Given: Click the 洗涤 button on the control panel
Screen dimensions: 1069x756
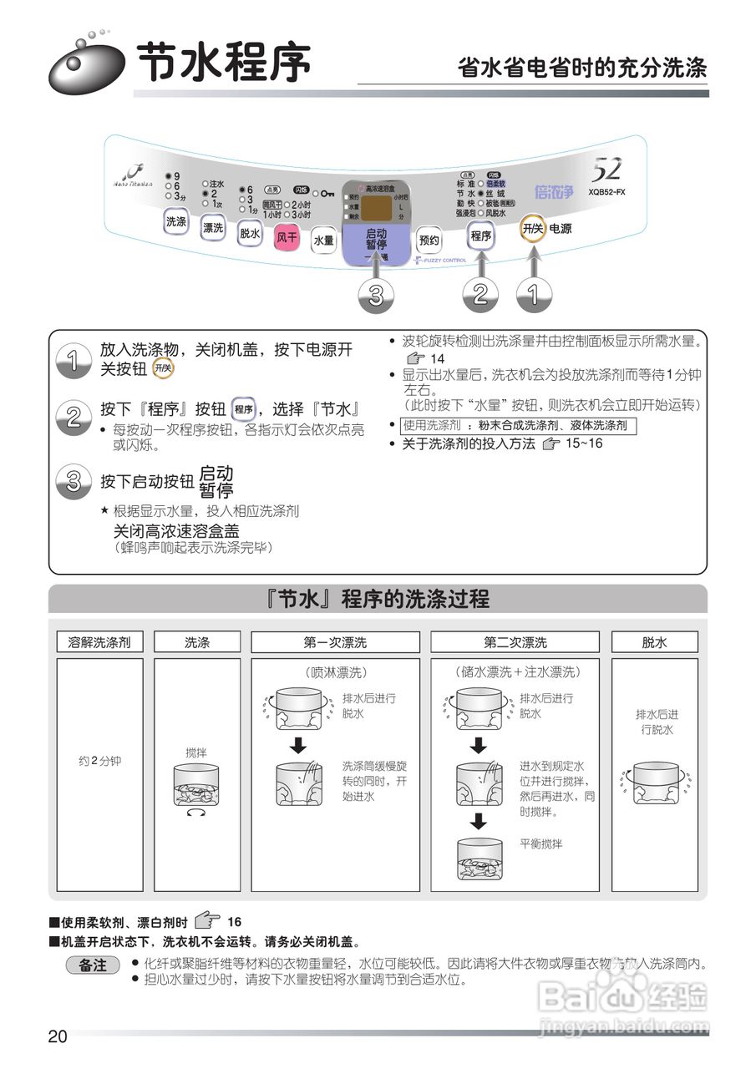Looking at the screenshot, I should coord(176,221).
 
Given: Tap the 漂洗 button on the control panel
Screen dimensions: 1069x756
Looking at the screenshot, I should coord(213,228).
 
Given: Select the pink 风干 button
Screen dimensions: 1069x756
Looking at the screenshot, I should coord(287,236).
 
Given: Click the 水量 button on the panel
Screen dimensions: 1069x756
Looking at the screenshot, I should coord(323,241).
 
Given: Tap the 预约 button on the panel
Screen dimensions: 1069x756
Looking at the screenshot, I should coord(429,240).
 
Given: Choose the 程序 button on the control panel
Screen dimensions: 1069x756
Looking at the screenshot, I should coord(481,236).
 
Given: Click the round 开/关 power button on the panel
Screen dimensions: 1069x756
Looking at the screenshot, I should coord(533,228).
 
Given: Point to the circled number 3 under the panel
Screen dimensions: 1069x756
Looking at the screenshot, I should coord(377,295).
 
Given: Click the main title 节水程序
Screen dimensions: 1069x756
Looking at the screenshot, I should coord(223,63).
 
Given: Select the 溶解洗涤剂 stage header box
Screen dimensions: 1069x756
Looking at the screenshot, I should coord(99,642).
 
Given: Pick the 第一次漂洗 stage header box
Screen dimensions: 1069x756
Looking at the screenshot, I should coord(335,642).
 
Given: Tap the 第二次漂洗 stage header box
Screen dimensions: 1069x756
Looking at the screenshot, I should coord(515,642).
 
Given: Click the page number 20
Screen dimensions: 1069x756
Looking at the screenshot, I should coord(58,1037).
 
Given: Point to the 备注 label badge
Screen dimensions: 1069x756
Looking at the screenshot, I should coord(93,965).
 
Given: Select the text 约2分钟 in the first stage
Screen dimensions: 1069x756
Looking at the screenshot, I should coord(99,762).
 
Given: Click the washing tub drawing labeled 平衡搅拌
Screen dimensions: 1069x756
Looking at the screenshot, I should coord(479,858).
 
